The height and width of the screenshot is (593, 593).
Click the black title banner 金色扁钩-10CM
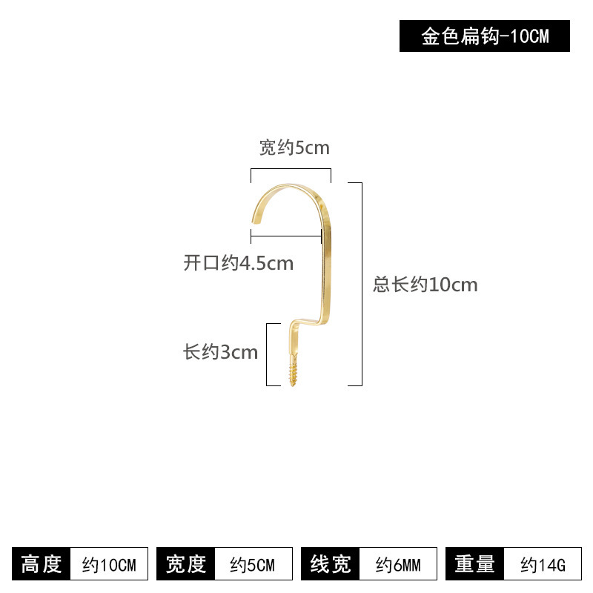tap(485, 36)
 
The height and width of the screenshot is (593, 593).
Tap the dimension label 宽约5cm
tap(294, 148)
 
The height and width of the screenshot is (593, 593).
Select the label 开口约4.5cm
tap(238, 263)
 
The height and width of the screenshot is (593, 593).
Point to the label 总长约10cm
tap(425, 285)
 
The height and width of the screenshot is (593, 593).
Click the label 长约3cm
tap(220, 352)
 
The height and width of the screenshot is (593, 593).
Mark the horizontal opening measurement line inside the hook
tap(286, 236)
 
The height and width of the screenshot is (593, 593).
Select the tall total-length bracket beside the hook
tap(362, 284)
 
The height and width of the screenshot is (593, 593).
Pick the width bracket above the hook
tap(291, 169)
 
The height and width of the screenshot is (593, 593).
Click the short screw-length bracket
tap(267, 355)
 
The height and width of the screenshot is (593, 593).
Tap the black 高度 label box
tap(42, 563)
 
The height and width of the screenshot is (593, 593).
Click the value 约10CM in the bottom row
tap(109, 565)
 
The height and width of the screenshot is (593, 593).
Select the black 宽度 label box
tap(186, 563)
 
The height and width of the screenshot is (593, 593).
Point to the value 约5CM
tap(252, 565)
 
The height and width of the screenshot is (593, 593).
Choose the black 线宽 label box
tap(330, 563)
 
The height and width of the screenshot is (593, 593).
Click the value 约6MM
tap(398, 565)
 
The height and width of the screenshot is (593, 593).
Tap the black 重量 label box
tap(474, 563)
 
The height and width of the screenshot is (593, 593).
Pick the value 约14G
tap(543, 565)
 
